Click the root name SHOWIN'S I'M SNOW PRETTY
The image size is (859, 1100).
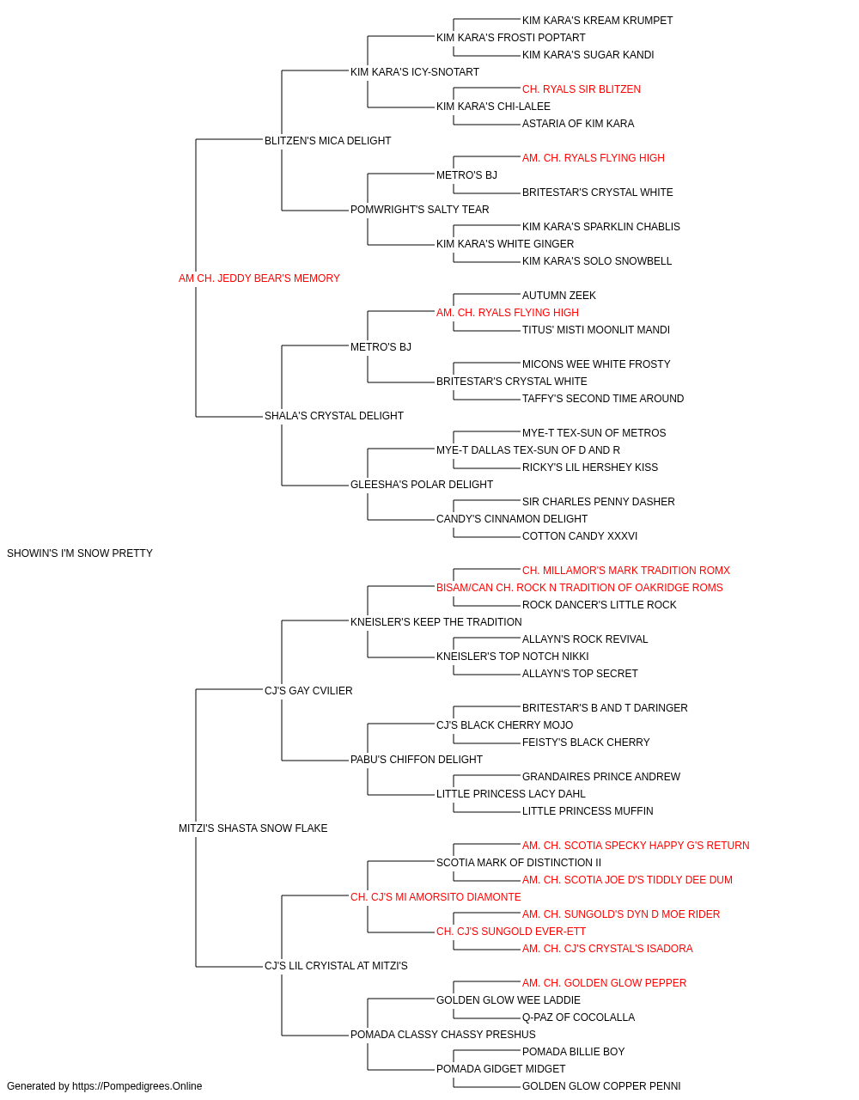click(x=79, y=553)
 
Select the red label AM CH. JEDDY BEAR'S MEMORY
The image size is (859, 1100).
click(x=259, y=278)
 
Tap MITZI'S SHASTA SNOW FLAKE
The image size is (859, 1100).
click(x=253, y=828)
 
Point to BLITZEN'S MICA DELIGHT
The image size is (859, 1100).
click(x=328, y=141)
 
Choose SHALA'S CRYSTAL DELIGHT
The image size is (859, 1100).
click(x=334, y=416)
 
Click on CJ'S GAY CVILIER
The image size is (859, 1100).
click(x=308, y=690)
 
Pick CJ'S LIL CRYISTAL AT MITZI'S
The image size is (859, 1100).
click(x=336, y=966)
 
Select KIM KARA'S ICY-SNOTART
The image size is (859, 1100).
click(x=415, y=72)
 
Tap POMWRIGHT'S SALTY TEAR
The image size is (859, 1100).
click(x=420, y=210)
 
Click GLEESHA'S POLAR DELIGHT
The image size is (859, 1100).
click(x=422, y=485)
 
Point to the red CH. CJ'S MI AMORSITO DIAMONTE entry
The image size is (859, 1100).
click(x=436, y=897)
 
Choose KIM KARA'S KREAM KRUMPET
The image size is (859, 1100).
click(x=598, y=21)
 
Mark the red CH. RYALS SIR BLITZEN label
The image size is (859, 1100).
click(x=582, y=89)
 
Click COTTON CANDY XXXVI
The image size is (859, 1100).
click(x=580, y=536)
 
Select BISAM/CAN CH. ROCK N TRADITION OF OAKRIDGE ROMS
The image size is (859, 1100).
click(x=580, y=588)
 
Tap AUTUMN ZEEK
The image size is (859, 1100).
click(x=559, y=296)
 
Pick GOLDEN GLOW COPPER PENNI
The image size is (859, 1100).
click(x=601, y=1086)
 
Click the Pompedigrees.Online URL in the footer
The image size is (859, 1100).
click(x=137, y=1086)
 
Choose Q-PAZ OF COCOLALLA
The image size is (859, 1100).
click(x=578, y=1017)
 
